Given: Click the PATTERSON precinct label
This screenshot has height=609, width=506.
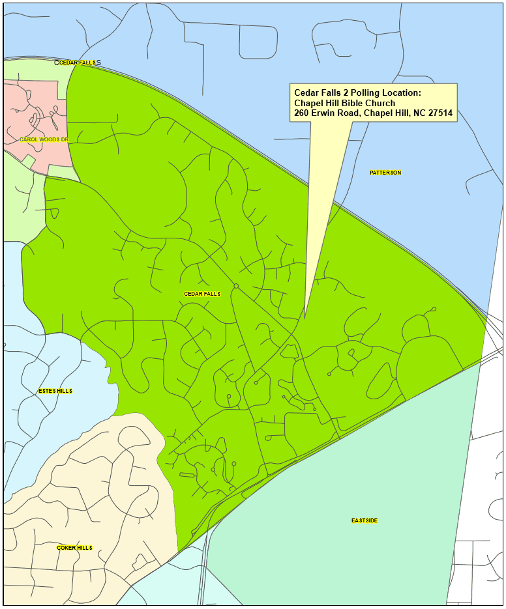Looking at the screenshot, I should [385, 173].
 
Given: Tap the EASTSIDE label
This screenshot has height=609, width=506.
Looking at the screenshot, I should [365, 520].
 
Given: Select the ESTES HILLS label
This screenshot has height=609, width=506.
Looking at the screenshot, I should [55, 391].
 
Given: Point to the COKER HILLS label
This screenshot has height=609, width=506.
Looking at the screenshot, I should [74, 548].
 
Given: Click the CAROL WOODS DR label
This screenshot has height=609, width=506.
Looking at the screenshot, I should [44, 139].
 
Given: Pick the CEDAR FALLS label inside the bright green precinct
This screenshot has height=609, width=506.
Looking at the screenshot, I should [202, 294].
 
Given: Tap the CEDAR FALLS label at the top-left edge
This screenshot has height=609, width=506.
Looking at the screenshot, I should [78, 63].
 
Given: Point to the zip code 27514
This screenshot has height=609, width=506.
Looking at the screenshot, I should [439, 113].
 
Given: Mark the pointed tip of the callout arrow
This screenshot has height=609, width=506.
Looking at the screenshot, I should [305, 319].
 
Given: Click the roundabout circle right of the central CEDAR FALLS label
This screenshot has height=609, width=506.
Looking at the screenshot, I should [236, 286].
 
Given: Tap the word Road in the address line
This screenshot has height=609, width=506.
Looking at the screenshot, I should [350, 113].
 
